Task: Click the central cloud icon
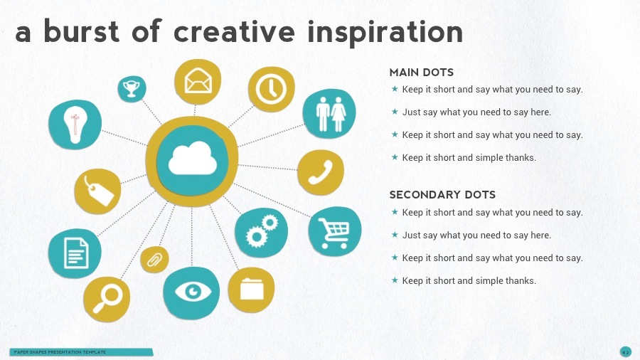point(192,159)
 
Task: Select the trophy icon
point(132,88)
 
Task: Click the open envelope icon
point(198,81)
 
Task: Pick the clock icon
point(271,89)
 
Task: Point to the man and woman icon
point(330,114)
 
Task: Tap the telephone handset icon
point(320,172)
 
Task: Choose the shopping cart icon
point(334,231)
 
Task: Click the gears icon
point(260,232)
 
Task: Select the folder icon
point(251,289)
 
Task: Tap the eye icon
point(191,291)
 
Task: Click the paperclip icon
point(154,260)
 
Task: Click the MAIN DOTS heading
point(421,73)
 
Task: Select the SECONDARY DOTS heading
point(442,195)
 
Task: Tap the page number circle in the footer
point(625,351)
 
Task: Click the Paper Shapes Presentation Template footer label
point(60,352)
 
